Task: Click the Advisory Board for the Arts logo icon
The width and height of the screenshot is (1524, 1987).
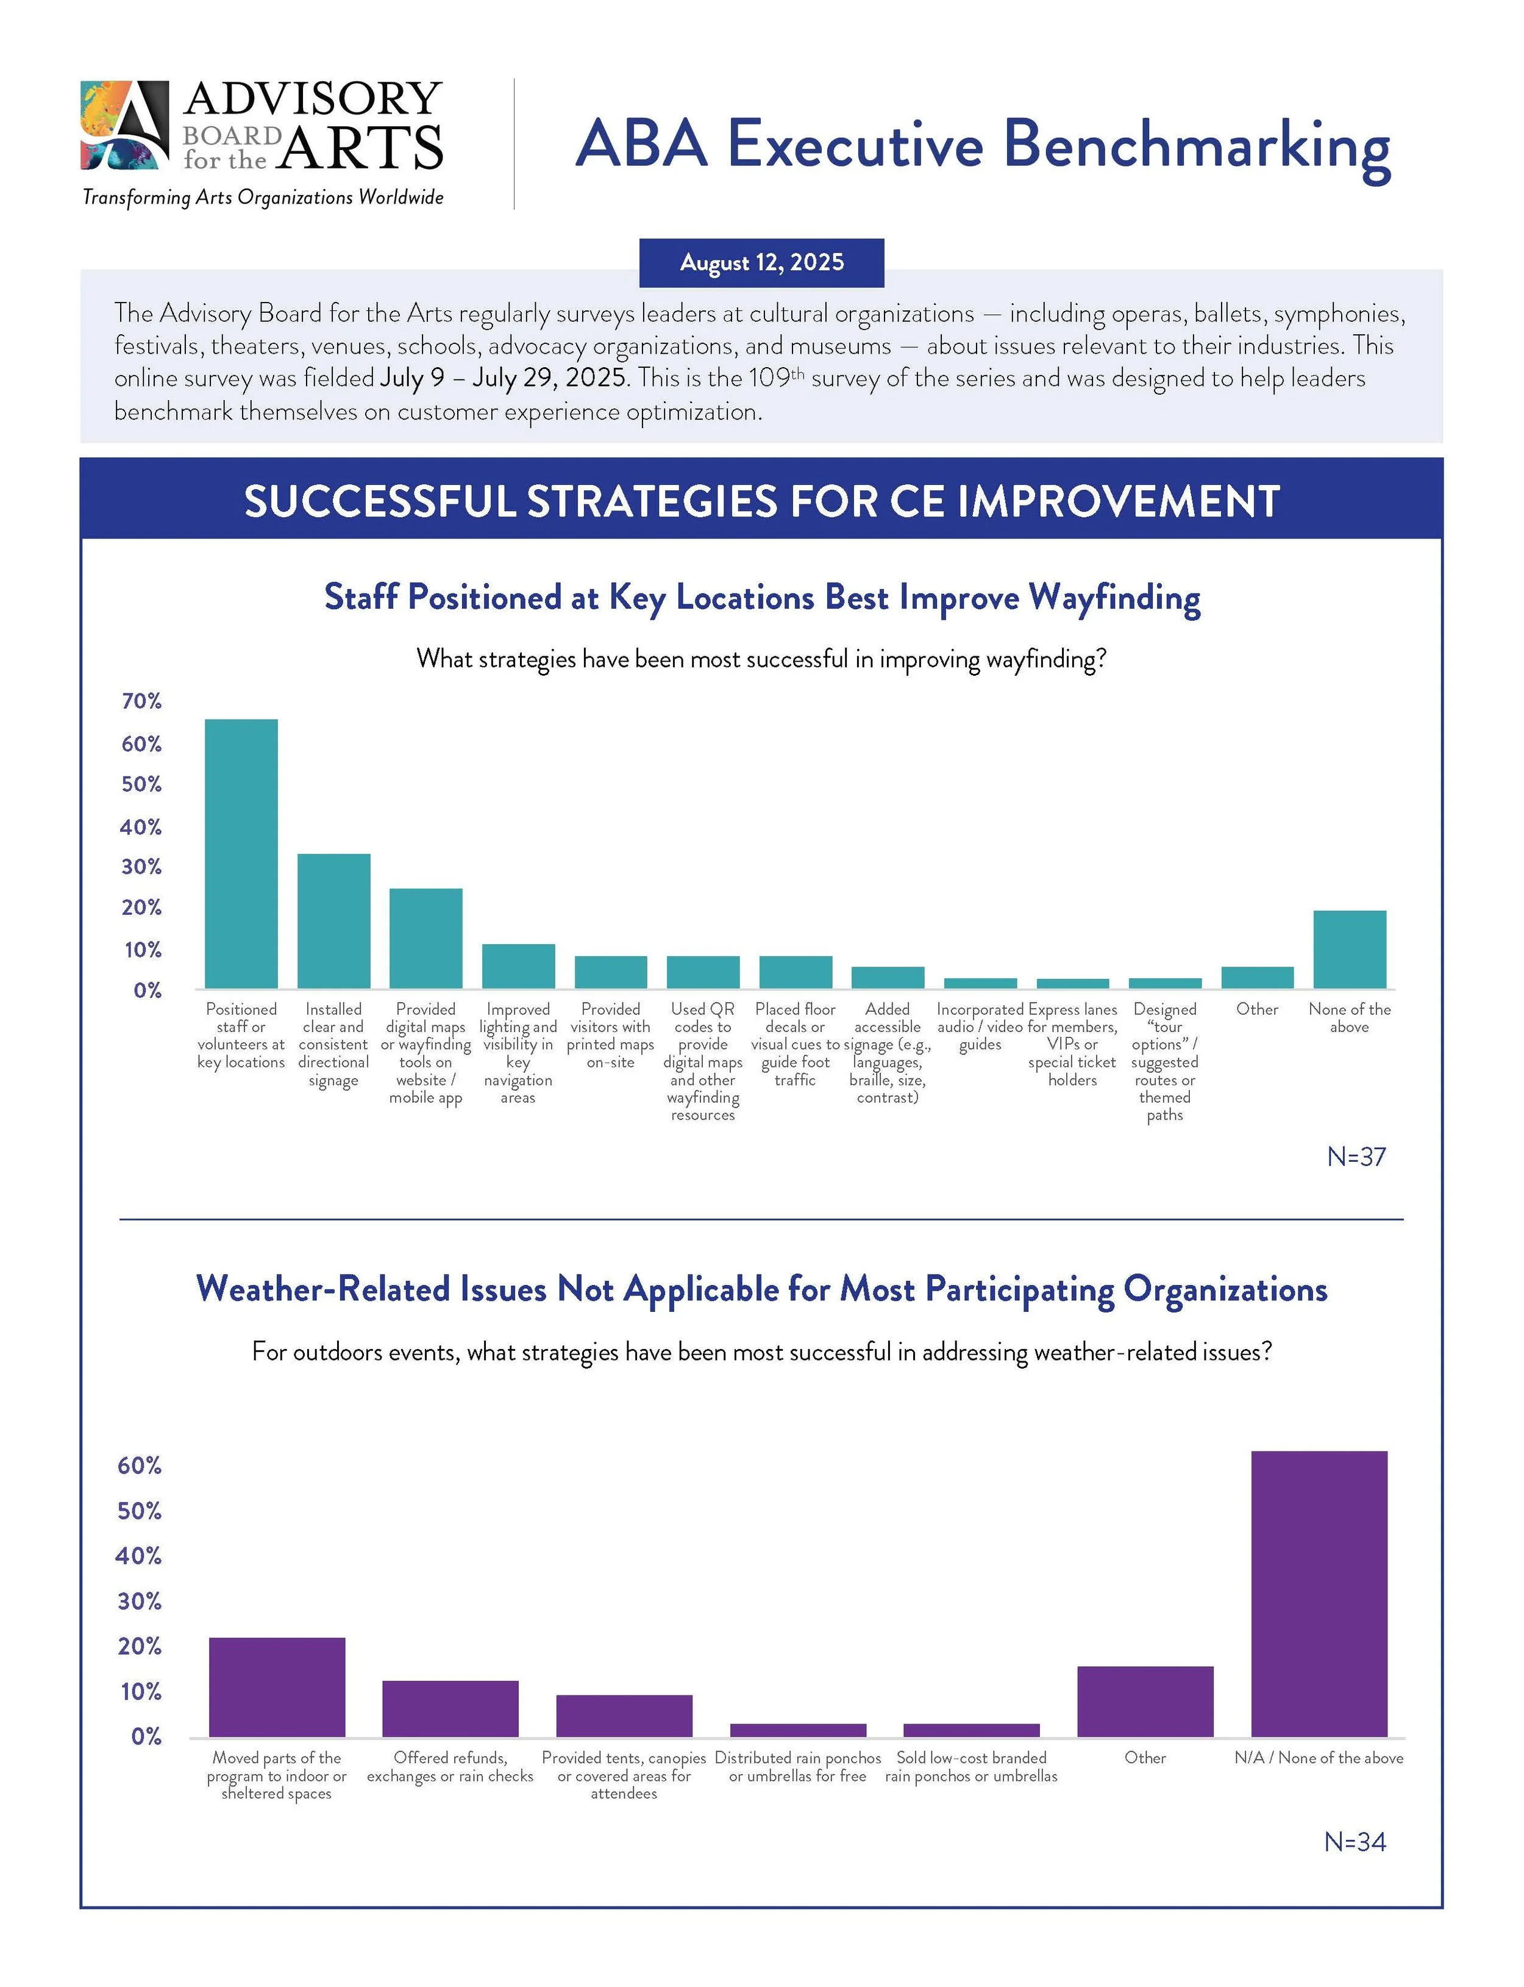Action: coord(124,125)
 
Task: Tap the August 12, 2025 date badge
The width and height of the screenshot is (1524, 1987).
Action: coord(761,262)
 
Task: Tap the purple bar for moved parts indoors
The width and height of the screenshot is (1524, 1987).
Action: coord(277,1687)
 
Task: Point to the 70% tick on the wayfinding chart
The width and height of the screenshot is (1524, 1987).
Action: coord(141,701)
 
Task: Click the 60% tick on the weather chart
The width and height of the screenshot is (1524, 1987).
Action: coord(140,1466)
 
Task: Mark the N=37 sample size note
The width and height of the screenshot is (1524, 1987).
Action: coord(1356,1157)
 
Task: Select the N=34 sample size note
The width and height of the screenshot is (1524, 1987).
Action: coord(1355,1842)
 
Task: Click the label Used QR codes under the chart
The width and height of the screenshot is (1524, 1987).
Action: coord(702,1018)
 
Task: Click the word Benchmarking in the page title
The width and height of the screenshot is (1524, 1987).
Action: coord(1197,145)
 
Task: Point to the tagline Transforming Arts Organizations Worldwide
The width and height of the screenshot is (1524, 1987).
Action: coord(263,197)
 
